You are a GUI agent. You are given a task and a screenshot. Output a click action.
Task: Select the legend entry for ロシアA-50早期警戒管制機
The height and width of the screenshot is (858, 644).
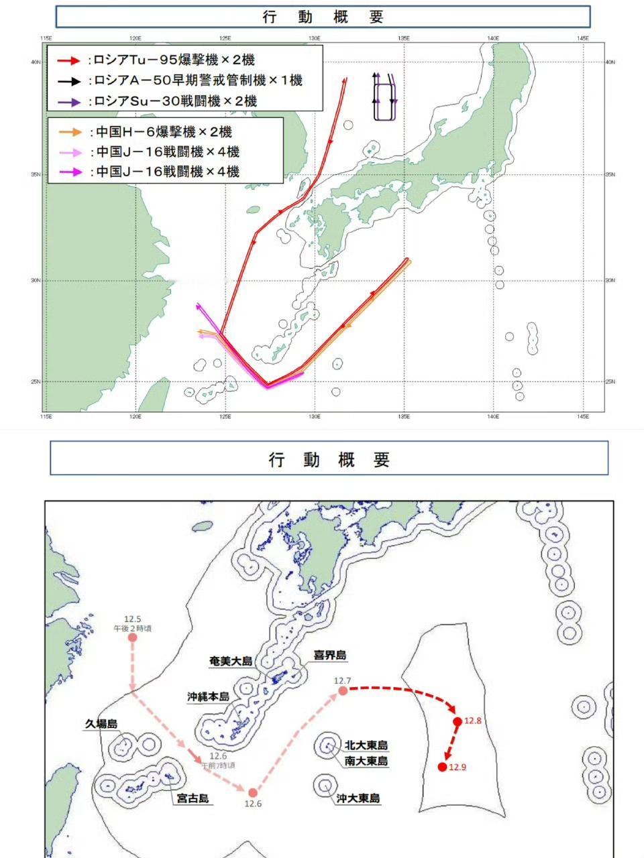click(x=195, y=81)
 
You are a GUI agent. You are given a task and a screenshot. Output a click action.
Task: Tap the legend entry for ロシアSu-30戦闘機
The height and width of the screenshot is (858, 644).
click(x=172, y=102)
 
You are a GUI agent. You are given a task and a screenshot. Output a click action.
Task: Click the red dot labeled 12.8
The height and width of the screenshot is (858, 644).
click(x=458, y=722)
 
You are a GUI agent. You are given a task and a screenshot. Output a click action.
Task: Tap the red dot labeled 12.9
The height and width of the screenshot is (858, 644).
click(x=442, y=767)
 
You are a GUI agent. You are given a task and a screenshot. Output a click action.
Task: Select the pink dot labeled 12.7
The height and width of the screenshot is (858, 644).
click(x=343, y=690)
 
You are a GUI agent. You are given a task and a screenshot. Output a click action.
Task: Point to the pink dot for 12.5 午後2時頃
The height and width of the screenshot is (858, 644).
click(x=133, y=637)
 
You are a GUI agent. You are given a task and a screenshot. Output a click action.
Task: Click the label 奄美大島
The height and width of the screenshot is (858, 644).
click(x=231, y=661)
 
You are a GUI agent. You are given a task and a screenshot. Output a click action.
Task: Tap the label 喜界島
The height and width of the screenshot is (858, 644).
click(x=331, y=655)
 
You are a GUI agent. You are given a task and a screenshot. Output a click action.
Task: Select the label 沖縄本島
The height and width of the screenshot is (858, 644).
click(x=209, y=696)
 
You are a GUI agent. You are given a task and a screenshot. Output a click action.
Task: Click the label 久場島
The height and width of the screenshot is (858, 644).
click(x=101, y=724)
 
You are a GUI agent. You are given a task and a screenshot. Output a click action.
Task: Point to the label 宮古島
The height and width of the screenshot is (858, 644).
click(x=193, y=798)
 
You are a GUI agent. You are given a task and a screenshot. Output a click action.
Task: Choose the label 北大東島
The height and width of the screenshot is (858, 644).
click(x=366, y=745)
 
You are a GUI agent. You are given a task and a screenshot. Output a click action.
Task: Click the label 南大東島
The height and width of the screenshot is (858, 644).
click(x=366, y=761)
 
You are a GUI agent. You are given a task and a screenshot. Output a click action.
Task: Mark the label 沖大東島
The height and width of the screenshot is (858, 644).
click(x=358, y=798)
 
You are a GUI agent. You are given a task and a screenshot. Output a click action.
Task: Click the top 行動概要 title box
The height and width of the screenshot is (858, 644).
click(x=323, y=17)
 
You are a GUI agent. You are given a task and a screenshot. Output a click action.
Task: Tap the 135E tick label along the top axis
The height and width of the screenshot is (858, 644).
click(x=404, y=38)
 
